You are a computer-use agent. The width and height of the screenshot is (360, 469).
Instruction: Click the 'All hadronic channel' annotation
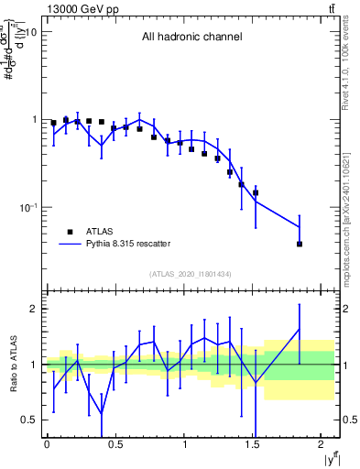click(191, 38)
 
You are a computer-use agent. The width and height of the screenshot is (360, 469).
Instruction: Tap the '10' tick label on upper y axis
click(28, 32)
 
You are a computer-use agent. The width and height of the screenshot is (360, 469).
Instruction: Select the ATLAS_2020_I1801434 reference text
click(191, 274)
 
